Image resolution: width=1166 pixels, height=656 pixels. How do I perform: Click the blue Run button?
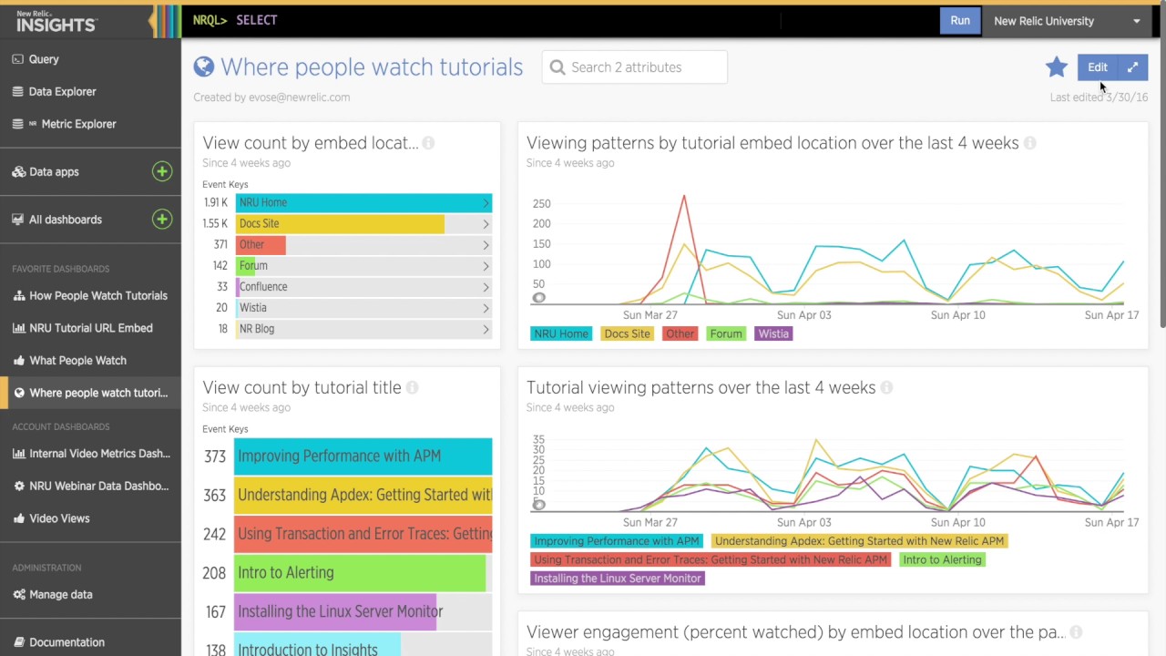[x=960, y=21]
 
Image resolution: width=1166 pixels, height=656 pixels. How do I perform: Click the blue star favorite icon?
[x=1057, y=67]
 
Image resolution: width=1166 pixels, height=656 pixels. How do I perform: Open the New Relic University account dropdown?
[x=1066, y=21]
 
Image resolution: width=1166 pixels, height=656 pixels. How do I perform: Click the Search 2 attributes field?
[x=635, y=67]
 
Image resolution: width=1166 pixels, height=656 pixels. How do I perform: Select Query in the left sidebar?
[x=44, y=59]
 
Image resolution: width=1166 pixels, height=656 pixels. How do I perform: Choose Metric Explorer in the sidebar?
[x=78, y=124]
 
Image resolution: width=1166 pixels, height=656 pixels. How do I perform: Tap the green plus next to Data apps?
[x=162, y=171]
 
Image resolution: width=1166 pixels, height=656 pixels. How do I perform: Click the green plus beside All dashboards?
[x=162, y=219]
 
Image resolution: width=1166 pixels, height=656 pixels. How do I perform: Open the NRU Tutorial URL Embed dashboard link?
[x=90, y=328]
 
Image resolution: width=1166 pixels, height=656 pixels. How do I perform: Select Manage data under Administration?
[x=60, y=594]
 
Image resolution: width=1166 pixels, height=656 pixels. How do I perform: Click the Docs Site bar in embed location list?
[x=340, y=223]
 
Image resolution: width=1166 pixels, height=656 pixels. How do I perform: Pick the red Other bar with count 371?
[x=261, y=244]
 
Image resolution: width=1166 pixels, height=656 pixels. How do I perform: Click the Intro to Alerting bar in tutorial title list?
[x=360, y=572]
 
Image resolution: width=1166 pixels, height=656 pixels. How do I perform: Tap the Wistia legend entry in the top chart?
[x=773, y=333]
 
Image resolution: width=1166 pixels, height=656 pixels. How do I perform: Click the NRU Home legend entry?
[x=560, y=333]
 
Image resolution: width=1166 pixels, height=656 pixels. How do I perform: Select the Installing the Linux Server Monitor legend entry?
[x=617, y=578]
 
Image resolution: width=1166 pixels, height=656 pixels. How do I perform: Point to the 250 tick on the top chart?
[x=541, y=203]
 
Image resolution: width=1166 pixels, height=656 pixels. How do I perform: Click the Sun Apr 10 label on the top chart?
[x=957, y=315]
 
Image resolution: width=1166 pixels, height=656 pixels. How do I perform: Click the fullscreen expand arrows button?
[x=1132, y=67]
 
